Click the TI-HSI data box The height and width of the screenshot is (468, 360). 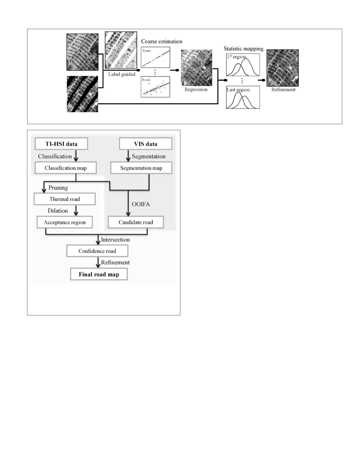click(x=61, y=144)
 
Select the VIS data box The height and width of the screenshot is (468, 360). click(x=145, y=144)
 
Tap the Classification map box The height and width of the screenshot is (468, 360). click(x=66, y=168)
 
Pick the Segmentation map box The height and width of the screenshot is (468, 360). click(x=141, y=168)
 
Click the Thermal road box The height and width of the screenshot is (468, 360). click(x=64, y=199)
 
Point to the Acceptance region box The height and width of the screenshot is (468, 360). click(x=64, y=222)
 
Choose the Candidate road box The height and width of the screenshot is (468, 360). click(x=136, y=222)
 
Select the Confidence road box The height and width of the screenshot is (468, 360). click(x=97, y=251)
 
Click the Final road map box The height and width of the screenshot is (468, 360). click(x=99, y=274)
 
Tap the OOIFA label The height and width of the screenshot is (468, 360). click(x=141, y=204)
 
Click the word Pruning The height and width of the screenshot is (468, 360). click(x=58, y=188)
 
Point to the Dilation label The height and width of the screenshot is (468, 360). click(x=58, y=210)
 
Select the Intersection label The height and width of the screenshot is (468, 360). click(x=115, y=239)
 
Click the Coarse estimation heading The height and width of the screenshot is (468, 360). click(x=161, y=41)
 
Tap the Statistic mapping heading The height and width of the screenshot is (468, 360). click(x=243, y=48)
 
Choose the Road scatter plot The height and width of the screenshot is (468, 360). click(x=155, y=87)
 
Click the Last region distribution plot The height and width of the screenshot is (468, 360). click(x=243, y=98)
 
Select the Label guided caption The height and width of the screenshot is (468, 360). click(x=122, y=74)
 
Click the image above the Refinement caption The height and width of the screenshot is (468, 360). click(x=282, y=68)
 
